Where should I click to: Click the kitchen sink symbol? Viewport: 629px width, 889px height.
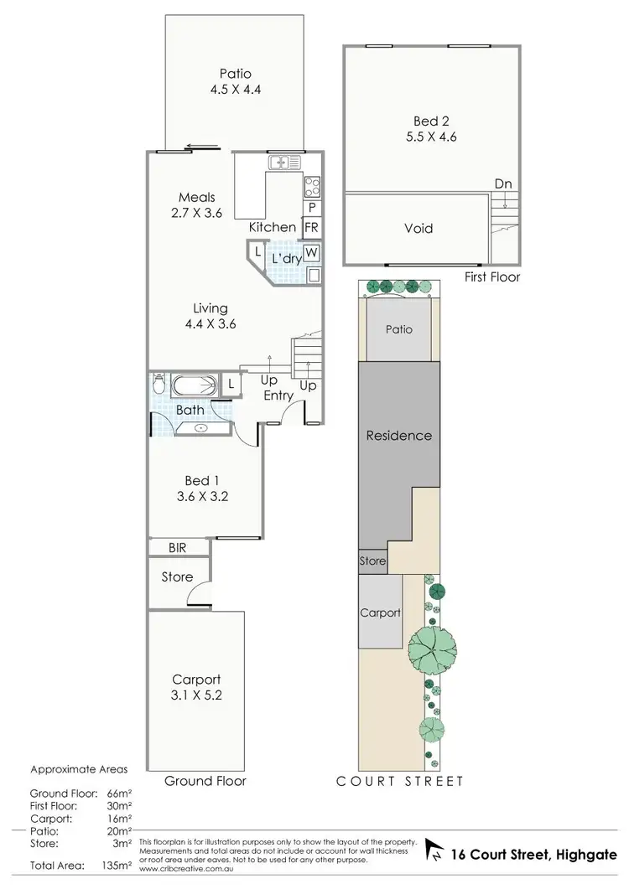(279, 162)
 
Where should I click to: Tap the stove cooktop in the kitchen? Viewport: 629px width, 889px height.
(312, 186)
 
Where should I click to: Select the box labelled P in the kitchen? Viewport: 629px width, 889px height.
(312, 207)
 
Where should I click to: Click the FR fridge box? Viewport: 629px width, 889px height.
(312, 227)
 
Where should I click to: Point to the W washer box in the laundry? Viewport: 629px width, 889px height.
(312, 252)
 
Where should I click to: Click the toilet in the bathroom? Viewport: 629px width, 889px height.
(159, 386)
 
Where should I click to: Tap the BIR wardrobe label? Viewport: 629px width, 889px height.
(176, 547)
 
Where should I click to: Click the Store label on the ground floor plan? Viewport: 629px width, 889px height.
(177, 576)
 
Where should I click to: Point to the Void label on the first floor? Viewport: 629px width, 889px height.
(418, 228)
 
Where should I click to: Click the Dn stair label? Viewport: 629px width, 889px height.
(503, 183)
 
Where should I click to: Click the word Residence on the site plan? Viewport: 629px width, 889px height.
(399, 435)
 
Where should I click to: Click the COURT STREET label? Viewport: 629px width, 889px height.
(399, 781)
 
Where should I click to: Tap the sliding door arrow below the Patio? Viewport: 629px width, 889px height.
(203, 147)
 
